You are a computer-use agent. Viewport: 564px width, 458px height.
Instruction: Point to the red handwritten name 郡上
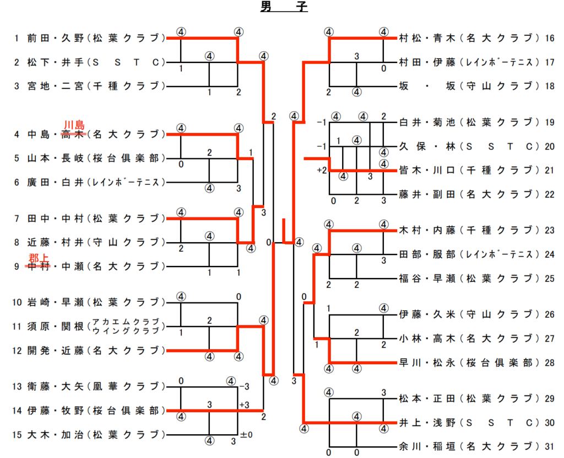click(x=39, y=257)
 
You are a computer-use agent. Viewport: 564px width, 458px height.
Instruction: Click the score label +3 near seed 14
click(x=245, y=405)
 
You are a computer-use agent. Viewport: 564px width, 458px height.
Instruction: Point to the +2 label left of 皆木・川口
click(x=322, y=171)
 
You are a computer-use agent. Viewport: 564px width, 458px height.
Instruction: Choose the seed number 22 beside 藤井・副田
click(x=549, y=194)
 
